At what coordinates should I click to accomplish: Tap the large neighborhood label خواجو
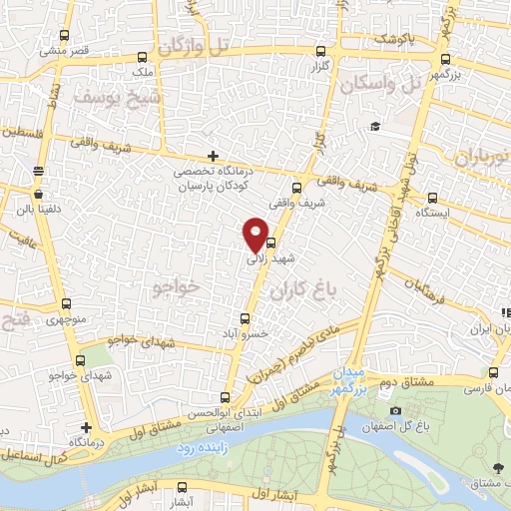click(179, 286)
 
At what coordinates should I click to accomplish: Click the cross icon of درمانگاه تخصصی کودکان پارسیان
click(211, 156)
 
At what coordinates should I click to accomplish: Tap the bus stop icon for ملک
click(142, 57)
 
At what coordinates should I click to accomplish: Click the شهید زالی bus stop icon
click(269, 240)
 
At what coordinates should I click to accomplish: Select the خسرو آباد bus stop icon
click(246, 319)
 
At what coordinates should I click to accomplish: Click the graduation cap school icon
click(374, 126)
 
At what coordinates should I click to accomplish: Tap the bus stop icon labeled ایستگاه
click(432, 197)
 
